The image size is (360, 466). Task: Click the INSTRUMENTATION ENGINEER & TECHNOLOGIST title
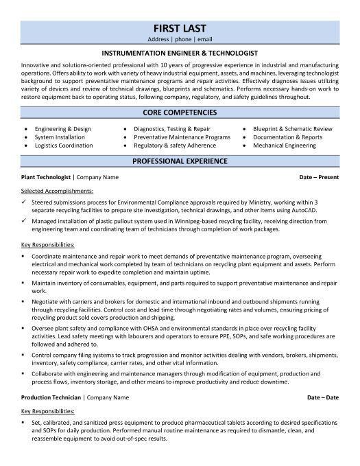(180, 51)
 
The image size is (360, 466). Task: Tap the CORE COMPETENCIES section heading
(180, 112)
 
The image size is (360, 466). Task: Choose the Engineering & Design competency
(64, 128)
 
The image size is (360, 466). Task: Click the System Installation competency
(59, 137)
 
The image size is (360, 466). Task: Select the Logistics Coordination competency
(64, 145)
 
